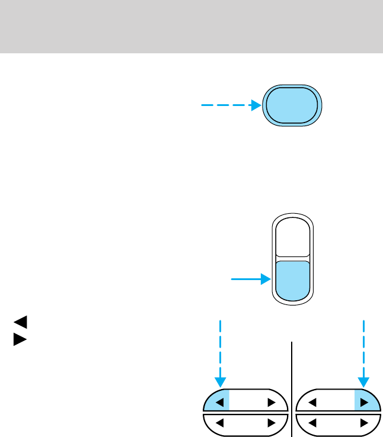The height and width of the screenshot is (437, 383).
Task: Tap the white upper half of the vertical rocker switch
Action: [292, 239]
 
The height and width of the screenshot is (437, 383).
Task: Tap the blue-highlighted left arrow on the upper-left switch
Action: [219, 403]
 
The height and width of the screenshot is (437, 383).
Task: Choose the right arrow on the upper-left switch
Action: [272, 403]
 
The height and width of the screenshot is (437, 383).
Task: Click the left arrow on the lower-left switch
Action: [219, 423]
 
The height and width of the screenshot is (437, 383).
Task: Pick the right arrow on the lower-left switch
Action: [272, 423]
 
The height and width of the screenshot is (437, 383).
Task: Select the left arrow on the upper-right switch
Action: [312, 403]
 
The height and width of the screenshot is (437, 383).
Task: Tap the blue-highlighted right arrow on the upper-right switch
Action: [363, 403]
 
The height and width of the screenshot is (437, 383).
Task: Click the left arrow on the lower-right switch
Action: [312, 423]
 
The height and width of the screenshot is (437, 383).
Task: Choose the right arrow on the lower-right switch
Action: [363, 423]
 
